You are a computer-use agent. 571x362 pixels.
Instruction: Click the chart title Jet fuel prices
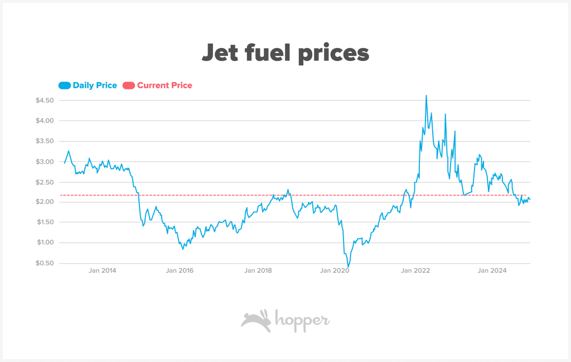pyautogui.click(x=285, y=53)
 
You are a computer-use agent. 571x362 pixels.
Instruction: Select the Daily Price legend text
pyautogui.click(x=95, y=85)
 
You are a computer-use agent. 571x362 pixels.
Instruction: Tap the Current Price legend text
pyautogui.click(x=164, y=85)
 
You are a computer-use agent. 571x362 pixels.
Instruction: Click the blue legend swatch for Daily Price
pyautogui.click(x=65, y=85)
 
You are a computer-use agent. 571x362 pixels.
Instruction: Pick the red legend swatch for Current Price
pyautogui.click(x=129, y=85)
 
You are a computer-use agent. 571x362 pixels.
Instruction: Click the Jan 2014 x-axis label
pyautogui.click(x=103, y=271)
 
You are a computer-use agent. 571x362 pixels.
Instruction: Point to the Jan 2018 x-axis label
pyautogui.click(x=258, y=271)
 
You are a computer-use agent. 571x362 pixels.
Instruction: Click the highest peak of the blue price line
pyautogui.click(x=427, y=96)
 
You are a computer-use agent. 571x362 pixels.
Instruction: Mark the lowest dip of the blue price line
pyautogui.click(x=348, y=266)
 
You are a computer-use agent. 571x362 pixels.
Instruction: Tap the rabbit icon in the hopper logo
pyautogui.click(x=256, y=321)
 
